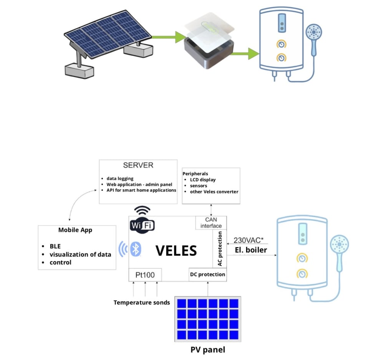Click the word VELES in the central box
coord(176,251)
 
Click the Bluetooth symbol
coord(135,249)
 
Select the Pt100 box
coord(145,275)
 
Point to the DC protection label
coord(207,274)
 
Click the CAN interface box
coord(211,223)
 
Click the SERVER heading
coord(138,165)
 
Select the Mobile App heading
coord(75,230)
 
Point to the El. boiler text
coord(251,250)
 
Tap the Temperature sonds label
coord(142,303)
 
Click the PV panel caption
coord(208,350)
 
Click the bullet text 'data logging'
coord(120,178)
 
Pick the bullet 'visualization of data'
coord(80,254)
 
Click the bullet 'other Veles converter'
coord(214,191)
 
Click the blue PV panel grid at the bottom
coord(208,319)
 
